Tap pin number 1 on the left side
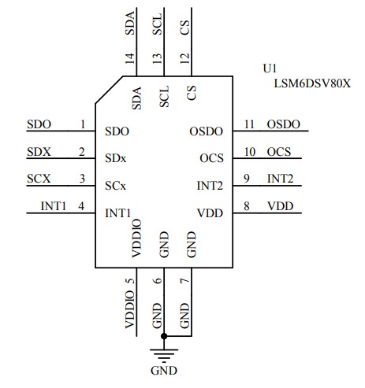[83, 124]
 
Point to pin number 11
[249, 124]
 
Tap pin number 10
[249, 151]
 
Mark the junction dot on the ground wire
[164, 336]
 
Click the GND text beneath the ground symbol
[164, 371]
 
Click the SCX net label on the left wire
[39, 179]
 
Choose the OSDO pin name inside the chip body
[207, 131]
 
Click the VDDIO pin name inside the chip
[136, 238]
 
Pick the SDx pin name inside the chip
[115, 158]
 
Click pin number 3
[83, 179]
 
